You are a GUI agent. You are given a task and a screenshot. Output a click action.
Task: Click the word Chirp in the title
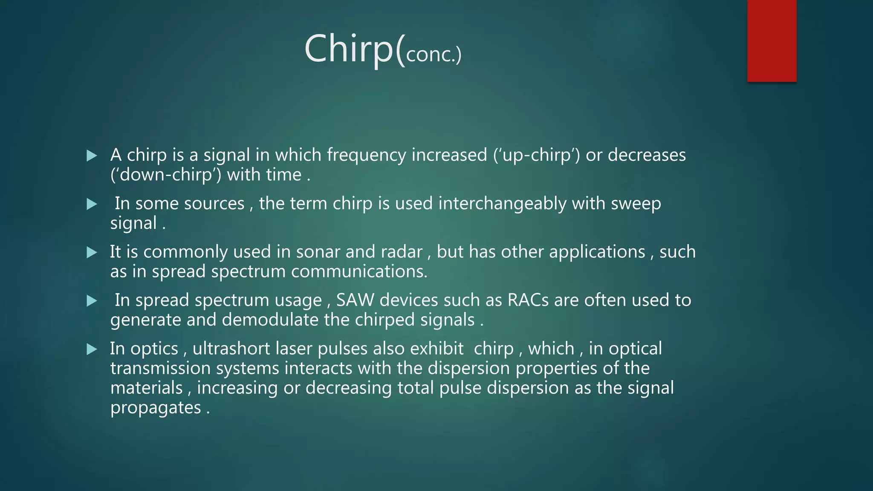tap(348, 49)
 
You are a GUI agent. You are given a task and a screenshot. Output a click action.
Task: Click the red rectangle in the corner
tap(772, 41)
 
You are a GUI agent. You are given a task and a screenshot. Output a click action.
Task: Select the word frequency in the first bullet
tap(366, 155)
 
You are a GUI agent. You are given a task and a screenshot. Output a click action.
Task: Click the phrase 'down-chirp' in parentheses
tap(166, 175)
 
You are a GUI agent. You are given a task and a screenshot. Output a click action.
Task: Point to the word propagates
tap(156, 408)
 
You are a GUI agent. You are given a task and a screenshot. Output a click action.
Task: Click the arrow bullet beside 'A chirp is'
tap(92, 156)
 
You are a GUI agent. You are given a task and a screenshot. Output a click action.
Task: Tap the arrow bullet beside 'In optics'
tap(92, 349)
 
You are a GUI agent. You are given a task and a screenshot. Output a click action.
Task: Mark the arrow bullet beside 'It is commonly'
tap(92, 252)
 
